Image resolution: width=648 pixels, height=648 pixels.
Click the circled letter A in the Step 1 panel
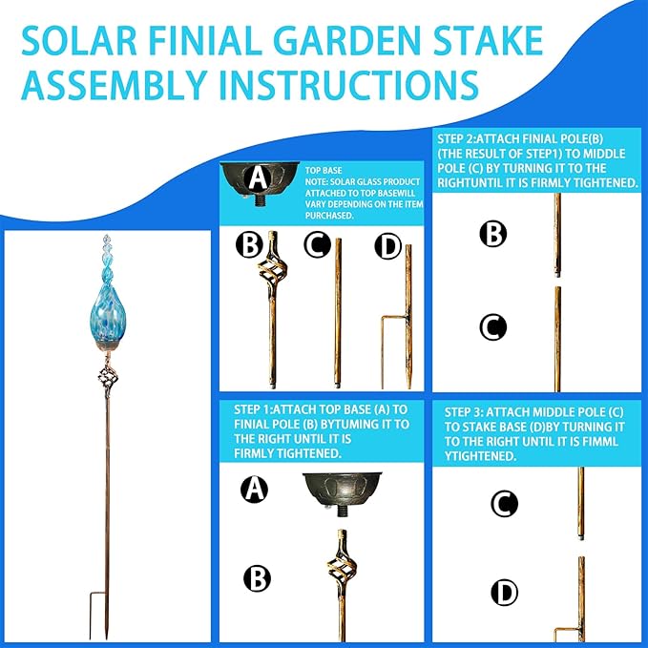(254, 491)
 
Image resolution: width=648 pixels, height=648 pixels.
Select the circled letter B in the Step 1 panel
(255, 577)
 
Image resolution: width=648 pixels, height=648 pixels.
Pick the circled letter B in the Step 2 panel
(492, 234)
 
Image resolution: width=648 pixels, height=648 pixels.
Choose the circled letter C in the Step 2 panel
(492, 327)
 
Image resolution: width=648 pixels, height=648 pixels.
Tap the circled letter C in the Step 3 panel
(503, 503)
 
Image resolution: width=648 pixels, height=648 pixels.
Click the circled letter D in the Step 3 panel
(503, 593)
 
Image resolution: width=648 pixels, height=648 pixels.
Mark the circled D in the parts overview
(387, 246)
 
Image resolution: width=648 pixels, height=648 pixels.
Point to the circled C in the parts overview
(317, 246)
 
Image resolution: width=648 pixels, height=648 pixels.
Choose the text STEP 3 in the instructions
(470, 409)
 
